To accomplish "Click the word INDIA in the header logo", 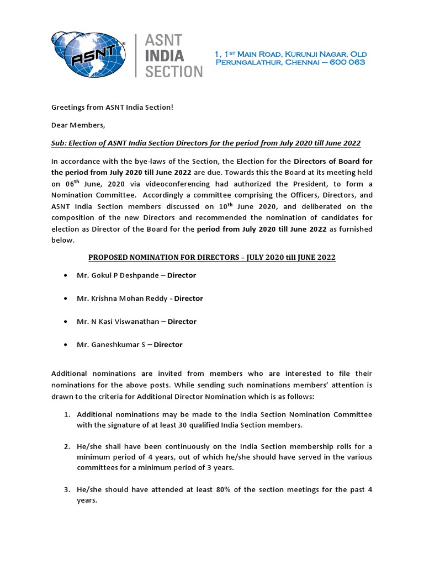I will (x=165, y=55).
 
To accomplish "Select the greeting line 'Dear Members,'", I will (x=78, y=125).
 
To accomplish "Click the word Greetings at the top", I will (x=69, y=106).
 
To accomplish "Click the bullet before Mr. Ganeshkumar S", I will (x=66, y=345).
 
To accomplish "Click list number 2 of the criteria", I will (x=66, y=446).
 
